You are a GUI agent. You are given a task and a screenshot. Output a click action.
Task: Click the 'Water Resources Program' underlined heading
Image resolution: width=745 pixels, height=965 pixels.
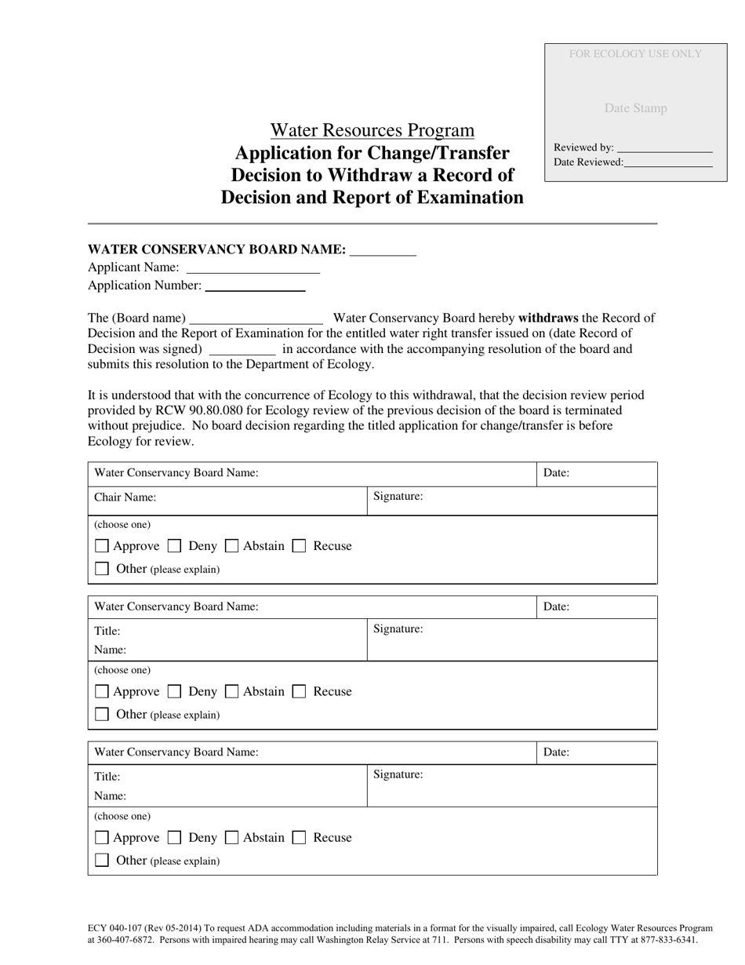372,130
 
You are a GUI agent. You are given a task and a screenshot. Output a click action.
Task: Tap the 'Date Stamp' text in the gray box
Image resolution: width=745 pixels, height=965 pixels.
635,108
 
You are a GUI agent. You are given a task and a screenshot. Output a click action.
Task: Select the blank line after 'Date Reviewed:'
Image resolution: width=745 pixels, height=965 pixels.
668,162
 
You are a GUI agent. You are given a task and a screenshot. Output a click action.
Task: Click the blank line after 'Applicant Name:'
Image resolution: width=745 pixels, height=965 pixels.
253,268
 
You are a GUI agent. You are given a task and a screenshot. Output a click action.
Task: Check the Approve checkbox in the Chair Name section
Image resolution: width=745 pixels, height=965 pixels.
101,546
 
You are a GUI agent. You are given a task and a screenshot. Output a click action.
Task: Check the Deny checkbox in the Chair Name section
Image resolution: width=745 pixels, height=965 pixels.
175,546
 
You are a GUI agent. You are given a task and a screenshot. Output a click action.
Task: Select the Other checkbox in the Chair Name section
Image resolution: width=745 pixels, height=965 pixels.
101,569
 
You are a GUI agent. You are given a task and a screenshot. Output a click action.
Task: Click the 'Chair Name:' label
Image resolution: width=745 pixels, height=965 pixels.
125,497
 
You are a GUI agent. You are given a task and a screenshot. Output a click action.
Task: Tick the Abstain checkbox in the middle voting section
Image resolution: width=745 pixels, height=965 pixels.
231,692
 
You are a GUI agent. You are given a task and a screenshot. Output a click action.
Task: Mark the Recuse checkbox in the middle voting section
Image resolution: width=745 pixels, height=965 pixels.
299,692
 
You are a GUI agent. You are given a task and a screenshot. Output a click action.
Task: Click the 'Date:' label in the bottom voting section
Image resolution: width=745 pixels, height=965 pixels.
556,752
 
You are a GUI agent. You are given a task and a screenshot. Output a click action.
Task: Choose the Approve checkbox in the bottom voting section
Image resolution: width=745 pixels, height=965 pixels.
101,838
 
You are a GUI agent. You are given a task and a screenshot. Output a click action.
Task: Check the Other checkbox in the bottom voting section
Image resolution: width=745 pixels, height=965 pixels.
101,861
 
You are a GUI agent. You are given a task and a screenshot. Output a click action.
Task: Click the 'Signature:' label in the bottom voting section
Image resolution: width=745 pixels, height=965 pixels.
398,775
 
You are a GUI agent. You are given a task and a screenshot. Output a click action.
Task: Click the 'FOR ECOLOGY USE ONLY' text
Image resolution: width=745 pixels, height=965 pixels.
635,54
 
